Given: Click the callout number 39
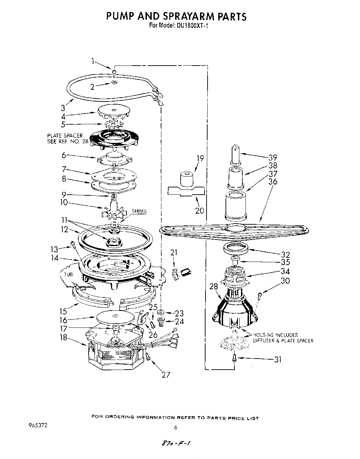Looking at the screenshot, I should pyautogui.click(x=272, y=157).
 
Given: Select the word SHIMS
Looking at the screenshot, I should pyautogui.click(x=139, y=211).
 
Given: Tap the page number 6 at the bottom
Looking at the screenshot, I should pyautogui.click(x=176, y=427).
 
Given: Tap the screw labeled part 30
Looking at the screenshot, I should pyautogui.click(x=260, y=294).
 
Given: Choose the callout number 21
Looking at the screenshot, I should pyautogui.click(x=173, y=253).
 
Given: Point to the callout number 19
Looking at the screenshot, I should pyautogui.click(x=200, y=159).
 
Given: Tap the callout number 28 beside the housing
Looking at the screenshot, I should pyautogui.click(x=214, y=286).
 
